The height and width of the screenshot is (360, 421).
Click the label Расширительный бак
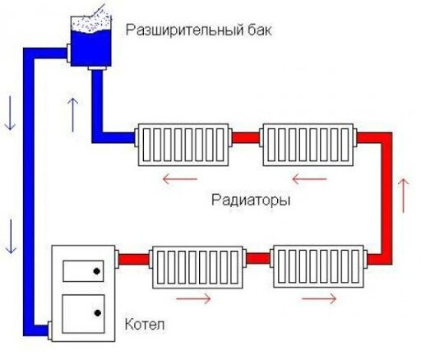coord(199,30)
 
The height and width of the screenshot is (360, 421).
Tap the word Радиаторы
coord(251,201)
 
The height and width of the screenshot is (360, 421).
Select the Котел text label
coord(145,325)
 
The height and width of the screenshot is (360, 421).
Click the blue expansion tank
coord(91,41)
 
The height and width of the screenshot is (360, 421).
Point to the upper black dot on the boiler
coord(96,271)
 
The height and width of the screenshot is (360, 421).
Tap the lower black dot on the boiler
coord(98,313)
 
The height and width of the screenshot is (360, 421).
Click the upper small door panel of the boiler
coord(83,271)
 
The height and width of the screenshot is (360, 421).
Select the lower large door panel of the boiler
coord(83,314)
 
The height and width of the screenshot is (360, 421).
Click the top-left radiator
coord(183,145)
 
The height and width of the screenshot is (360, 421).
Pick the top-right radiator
coord(308,145)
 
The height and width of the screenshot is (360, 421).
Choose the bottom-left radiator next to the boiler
coord(197,267)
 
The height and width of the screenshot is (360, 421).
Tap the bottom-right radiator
coord(319,266)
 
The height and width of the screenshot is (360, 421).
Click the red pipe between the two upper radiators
coord(246,138)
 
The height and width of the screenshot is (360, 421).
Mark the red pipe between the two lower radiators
coord(258,258)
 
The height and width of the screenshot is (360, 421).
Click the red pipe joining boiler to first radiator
coord(134,259)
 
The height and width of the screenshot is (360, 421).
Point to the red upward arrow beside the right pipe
coord(404,196)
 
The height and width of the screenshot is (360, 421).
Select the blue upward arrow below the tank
coord(73,115)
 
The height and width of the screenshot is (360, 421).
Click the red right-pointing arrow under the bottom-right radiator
coord(319,298)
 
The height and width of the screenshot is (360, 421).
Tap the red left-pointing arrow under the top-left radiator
coord(180,179)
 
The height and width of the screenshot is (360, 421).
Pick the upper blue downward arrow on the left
coord(10,113)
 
